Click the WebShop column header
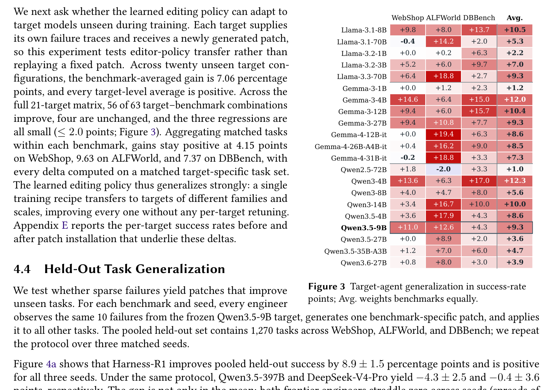408,18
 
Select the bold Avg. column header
515,18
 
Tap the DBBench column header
479,18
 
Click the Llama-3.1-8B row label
364,30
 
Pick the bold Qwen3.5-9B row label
364,228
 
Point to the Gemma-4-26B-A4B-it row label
351,147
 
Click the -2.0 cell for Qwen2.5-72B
443,169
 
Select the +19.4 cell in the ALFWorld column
443,134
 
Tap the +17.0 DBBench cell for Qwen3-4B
479,181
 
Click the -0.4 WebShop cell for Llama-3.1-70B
408,41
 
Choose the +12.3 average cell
515,181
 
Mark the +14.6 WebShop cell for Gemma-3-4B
408,99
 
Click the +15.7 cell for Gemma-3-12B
479,111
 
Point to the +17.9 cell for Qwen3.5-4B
443,216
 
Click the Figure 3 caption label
326,286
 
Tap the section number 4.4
22,269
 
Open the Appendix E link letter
65,225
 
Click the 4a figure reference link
51,364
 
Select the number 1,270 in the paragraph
262,331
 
